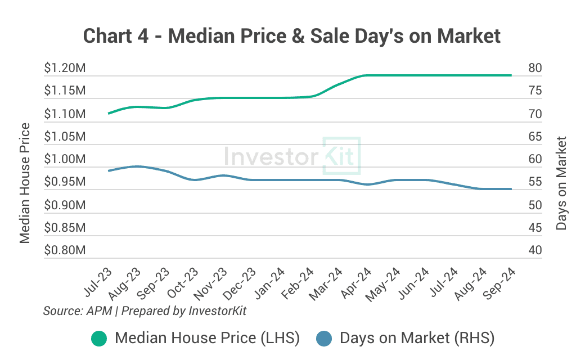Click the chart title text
click(292, 36)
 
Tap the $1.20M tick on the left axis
click(65, 68)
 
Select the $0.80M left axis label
click(65, 250)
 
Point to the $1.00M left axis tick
click(65, 159)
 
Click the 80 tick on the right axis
click(535, 68)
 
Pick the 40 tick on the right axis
click(535, 250)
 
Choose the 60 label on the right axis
click(535, 159)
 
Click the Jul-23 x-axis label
click(97, 282)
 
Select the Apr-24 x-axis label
click(355, 282)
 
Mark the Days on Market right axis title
click(561, 183)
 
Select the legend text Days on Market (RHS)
click(417, 338)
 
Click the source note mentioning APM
click(145, 310)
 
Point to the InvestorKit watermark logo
click(292, 156)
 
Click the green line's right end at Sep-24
click(511, 75)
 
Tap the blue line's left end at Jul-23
click(109, 170)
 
